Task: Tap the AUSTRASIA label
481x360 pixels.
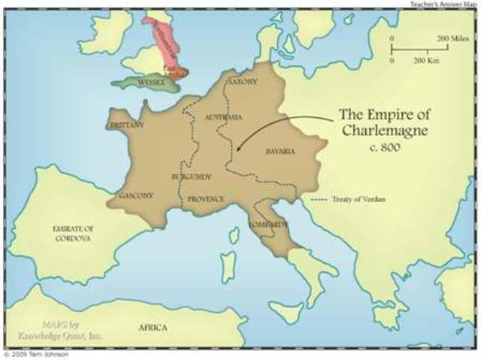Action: (225, 118)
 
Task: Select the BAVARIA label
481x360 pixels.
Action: (280, 151)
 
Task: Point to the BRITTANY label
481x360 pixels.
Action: (126, 125)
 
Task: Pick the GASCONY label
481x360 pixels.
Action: (136, 195)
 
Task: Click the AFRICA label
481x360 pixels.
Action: (153, 328)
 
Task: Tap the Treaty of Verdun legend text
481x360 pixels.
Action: (356, 200)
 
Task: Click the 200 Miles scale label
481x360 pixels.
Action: (453, 38)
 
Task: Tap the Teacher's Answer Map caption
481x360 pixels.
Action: (444, 4)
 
